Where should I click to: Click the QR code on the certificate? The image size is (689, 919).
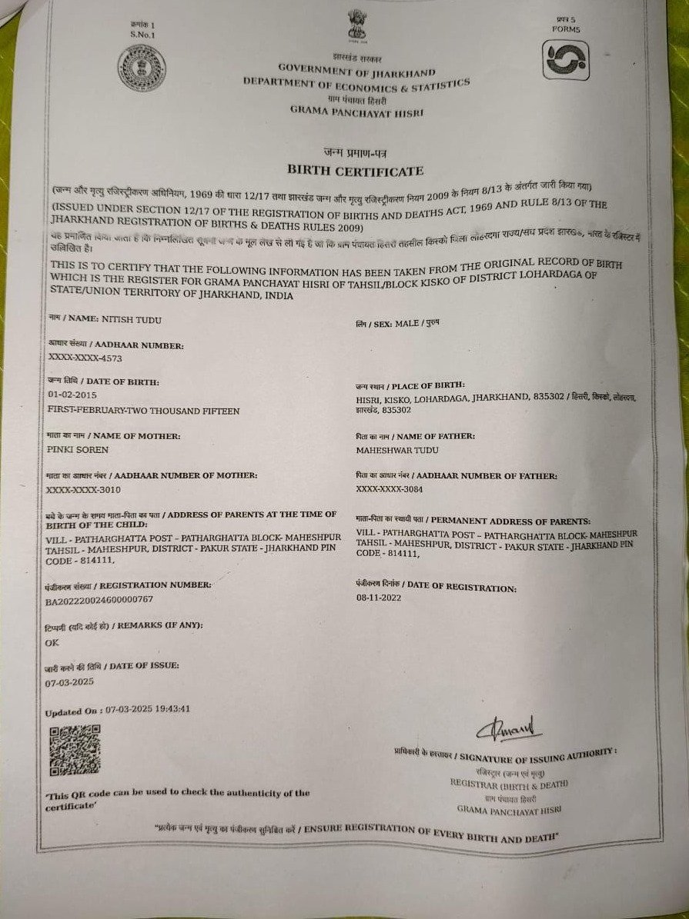tap(75, 750)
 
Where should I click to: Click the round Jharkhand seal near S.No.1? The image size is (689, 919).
tap(142, 68)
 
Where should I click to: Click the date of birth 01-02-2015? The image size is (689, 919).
tap(72, 395)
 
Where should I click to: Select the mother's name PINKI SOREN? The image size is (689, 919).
tap(78, 449)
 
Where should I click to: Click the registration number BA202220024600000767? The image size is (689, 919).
tap(100, 599)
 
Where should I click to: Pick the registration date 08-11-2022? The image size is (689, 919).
tap(379, 598)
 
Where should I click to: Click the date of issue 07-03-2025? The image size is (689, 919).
tap(69, 682)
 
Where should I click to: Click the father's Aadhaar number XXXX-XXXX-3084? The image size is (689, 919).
tap(390, 489)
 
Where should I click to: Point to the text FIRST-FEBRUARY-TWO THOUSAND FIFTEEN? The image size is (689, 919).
tap(143, 411)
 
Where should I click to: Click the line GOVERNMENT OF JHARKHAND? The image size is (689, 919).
tap(356, 69)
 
